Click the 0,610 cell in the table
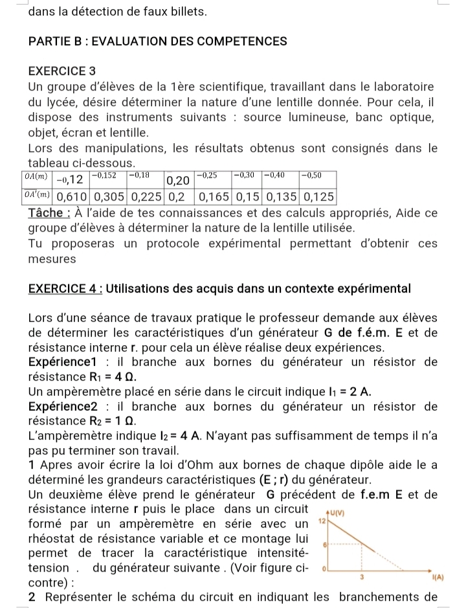pos(74,196)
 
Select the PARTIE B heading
pos(158,41)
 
